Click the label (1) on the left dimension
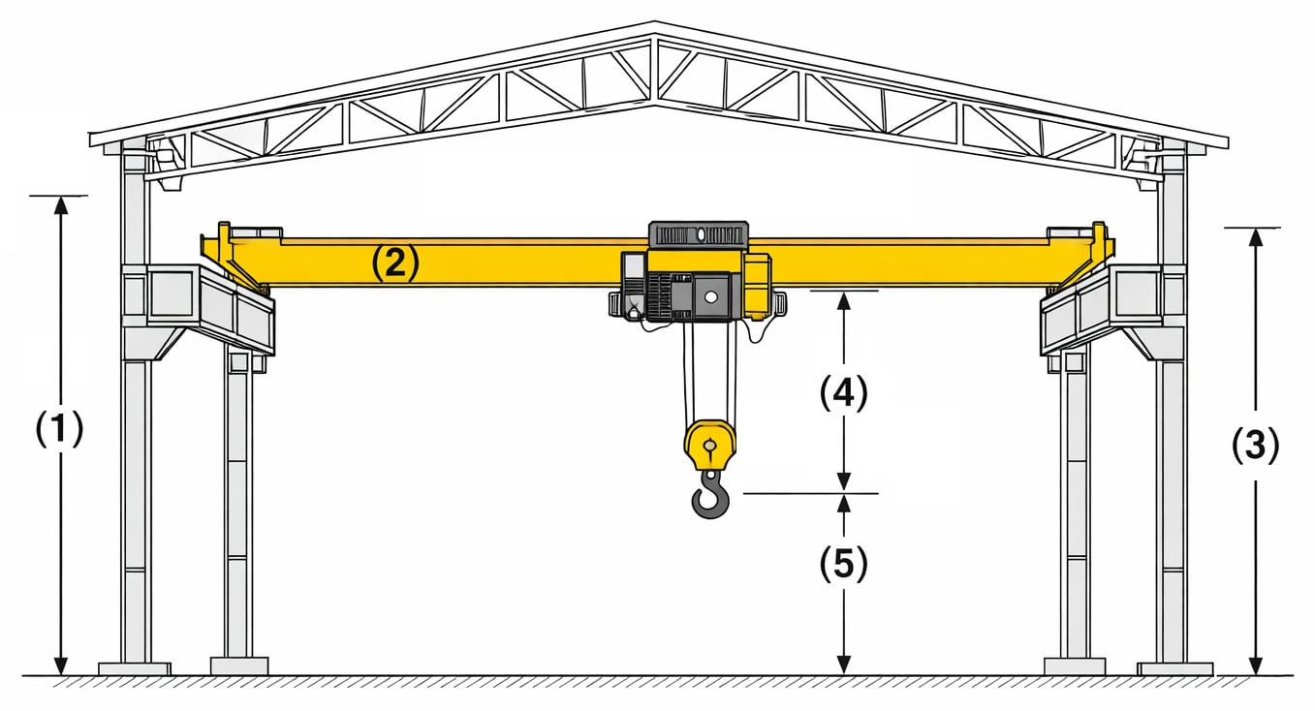60,428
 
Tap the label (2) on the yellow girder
394,263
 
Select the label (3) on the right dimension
1255,445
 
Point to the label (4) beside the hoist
843,392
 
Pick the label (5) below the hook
843,565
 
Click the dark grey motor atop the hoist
698,234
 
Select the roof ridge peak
656,25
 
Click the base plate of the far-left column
135,668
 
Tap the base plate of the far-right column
1174,668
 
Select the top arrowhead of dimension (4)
844,299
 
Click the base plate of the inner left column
238,665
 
